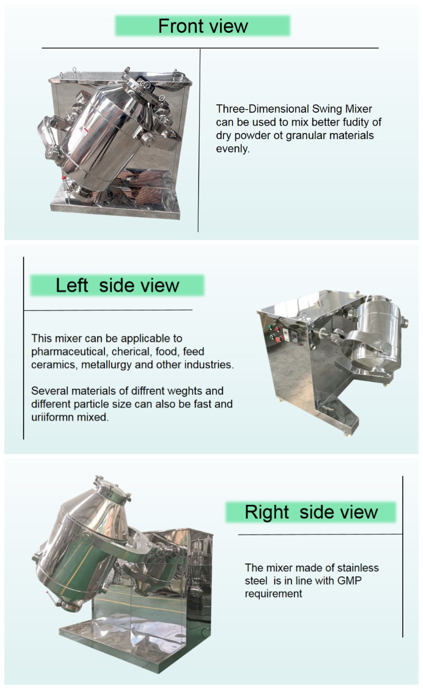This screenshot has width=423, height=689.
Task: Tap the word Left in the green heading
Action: click(72, 286)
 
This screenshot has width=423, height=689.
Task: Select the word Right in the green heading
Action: click(267, 513)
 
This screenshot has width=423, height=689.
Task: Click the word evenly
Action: click(232, 149)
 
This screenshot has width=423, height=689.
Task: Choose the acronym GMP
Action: click(349, 580)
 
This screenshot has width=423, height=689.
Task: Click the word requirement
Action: click(274, 594)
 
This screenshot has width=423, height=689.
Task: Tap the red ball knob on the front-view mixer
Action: click(64, 178)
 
